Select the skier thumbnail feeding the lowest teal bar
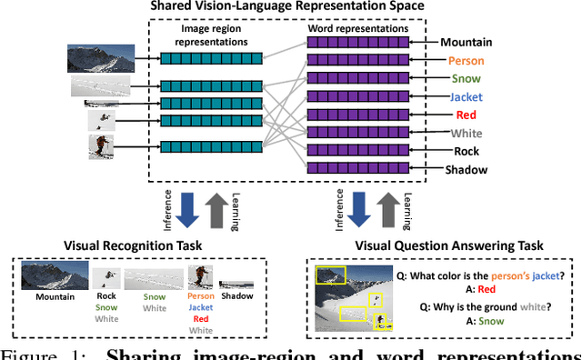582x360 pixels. pos(101,146)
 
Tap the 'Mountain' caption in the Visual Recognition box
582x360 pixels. pos(54,296)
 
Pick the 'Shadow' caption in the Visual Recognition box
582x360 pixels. pos(237,295)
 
